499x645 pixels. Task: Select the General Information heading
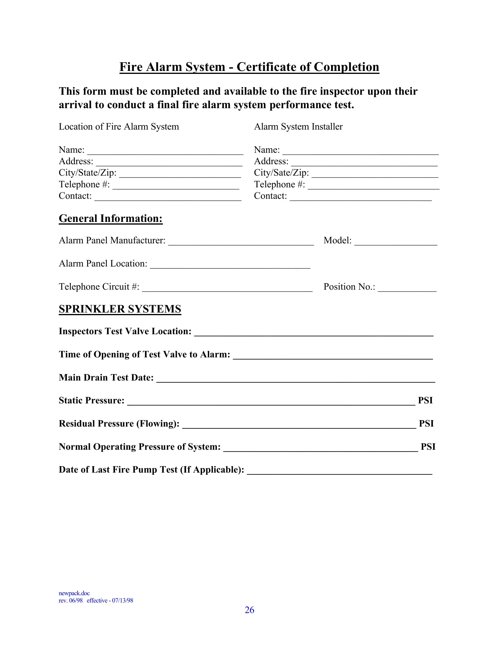pos(111,218)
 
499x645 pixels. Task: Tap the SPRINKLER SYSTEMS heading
pos(120,309)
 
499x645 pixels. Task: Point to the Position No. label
pos(349,287)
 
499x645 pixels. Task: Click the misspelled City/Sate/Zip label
pos(281,173)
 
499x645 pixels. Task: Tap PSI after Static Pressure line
pos(425,400)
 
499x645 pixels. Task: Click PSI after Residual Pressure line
pos(426,424)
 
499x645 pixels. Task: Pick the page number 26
pos(249,610)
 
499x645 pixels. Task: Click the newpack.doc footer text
pos(74,593)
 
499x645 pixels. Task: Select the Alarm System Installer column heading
pos(298,127)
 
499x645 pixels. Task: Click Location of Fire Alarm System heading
pos(119,127)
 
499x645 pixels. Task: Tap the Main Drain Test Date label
pos(106,377)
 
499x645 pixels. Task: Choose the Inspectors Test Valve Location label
pos(125,331)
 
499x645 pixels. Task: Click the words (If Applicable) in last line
pos(212,470)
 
